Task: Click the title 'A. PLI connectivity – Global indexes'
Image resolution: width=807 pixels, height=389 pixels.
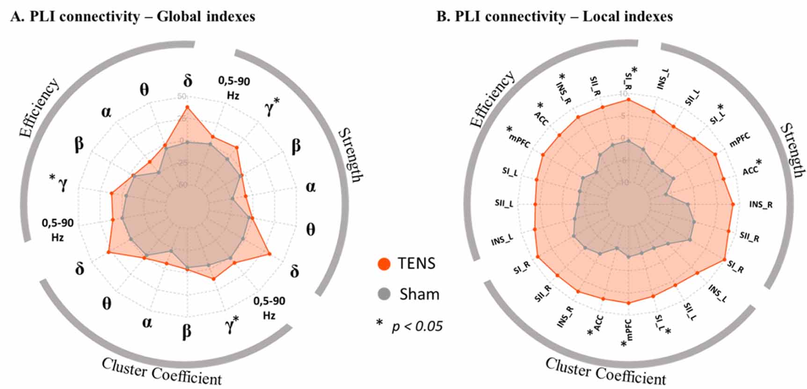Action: [x=133, y=17]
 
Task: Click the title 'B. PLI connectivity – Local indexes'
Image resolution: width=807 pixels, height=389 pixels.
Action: [x=554, y=17]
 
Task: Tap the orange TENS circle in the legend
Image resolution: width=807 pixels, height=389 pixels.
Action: [x=384, y=264]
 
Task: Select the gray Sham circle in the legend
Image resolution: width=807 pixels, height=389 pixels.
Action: [x=384, y=294]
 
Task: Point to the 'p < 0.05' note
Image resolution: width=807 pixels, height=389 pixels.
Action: [x=416, y=326]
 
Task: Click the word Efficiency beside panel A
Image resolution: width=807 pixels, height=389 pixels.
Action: [x=40, y=108]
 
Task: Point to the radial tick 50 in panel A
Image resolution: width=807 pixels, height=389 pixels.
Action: [x=182, y=97]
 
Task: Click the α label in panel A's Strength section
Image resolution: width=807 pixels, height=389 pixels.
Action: [x=311, y=187]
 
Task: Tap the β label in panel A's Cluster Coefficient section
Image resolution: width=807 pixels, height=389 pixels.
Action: [x=186, y=331]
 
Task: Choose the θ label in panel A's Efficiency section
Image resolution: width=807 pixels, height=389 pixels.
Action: [x=144, y=89]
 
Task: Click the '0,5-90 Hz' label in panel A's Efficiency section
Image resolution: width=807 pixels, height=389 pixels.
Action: [x=58, y=230]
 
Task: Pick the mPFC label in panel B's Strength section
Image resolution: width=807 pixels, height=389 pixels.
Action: [x=740, y=140]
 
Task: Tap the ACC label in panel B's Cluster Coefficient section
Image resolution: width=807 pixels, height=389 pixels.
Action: [x=598, y=324]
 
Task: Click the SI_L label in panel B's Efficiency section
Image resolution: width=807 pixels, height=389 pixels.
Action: [x=510, y=172]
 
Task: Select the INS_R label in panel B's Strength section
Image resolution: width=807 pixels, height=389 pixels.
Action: [x=761, y=205]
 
